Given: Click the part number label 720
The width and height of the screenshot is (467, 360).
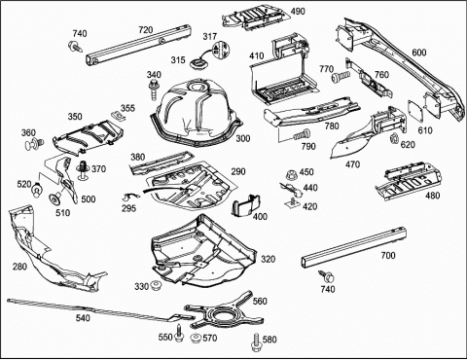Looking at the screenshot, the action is [x=146, y=30].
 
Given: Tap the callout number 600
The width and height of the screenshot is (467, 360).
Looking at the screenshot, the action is [x=419, y=53].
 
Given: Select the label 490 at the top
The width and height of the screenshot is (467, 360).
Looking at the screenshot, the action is [x=298, y=12].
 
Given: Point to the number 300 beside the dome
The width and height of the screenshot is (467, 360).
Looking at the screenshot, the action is [x=243, y=138].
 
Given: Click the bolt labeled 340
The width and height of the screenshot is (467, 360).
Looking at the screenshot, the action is [x=154, y=90].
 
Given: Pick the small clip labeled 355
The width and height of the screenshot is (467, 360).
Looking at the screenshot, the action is [x=116, y=116].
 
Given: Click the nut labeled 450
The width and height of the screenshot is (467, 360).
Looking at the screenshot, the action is [x=292, y=175].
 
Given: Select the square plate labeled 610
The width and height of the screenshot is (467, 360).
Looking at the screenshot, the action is [x=415, y=111].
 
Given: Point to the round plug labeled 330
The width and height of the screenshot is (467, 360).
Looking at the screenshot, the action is [x=156, y=286].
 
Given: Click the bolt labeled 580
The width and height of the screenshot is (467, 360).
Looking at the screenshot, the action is [x=256, y=342].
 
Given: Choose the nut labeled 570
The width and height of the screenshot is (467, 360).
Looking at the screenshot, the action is [x=196, y=339].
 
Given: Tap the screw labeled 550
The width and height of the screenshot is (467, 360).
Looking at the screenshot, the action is [x=179, y=333].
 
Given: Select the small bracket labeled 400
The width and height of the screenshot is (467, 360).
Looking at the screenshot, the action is [x=246, y=205].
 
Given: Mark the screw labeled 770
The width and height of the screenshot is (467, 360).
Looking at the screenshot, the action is [x=341, y=77].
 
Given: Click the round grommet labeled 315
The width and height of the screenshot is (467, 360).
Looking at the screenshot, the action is [x=197, y=62].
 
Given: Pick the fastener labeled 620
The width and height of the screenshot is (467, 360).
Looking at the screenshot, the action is [x=394, y=138].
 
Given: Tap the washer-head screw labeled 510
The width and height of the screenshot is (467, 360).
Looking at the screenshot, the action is [x=54, y=198].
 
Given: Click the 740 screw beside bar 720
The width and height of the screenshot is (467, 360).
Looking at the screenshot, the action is [x=75, y=46].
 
